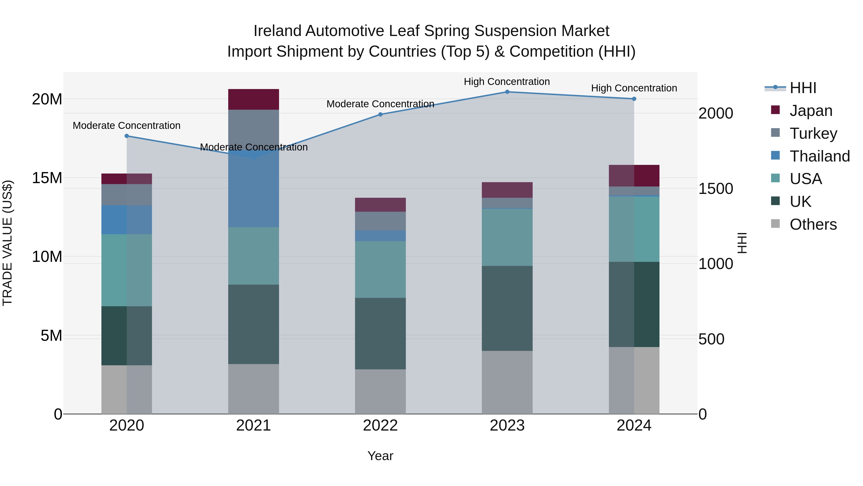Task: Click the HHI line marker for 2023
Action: click(507, 92)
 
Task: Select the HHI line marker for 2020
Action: click(127, 136)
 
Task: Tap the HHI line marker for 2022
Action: click(380, 114)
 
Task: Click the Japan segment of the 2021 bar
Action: click(253, 99)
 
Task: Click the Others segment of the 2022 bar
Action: click(380, 391)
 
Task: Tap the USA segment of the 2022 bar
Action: click(380, 269)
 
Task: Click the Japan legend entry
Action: click(811, 111)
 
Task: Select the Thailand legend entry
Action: click(819, 156)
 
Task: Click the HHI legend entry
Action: click(803, 88)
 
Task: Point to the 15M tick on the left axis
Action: click(47, 178)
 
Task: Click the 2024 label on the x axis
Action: click(634, 426)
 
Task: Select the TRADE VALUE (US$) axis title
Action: click(7, 243)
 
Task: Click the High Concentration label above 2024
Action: click(634, 88)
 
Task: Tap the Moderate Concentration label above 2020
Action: click(127, 126)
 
